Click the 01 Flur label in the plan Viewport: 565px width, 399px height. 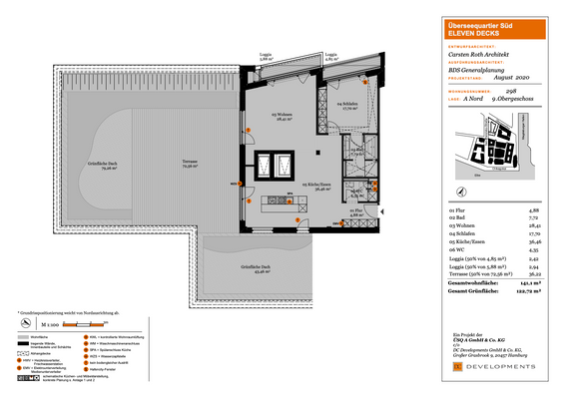click(357, 211)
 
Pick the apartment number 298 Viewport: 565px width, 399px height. click(540, 89)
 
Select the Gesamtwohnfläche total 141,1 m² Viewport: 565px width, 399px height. click(532, 284)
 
